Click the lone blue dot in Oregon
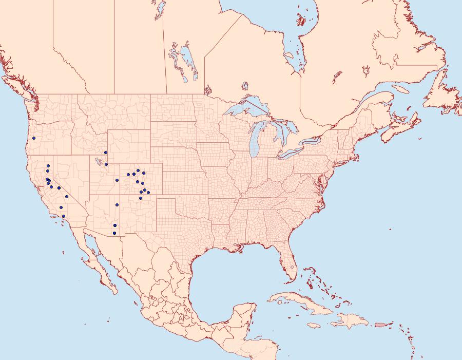34,138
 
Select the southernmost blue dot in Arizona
114,234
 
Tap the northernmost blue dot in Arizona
117,205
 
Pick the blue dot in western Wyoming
106,153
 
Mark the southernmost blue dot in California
64,216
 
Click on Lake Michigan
255,141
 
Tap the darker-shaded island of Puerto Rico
380,324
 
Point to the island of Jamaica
318,326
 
